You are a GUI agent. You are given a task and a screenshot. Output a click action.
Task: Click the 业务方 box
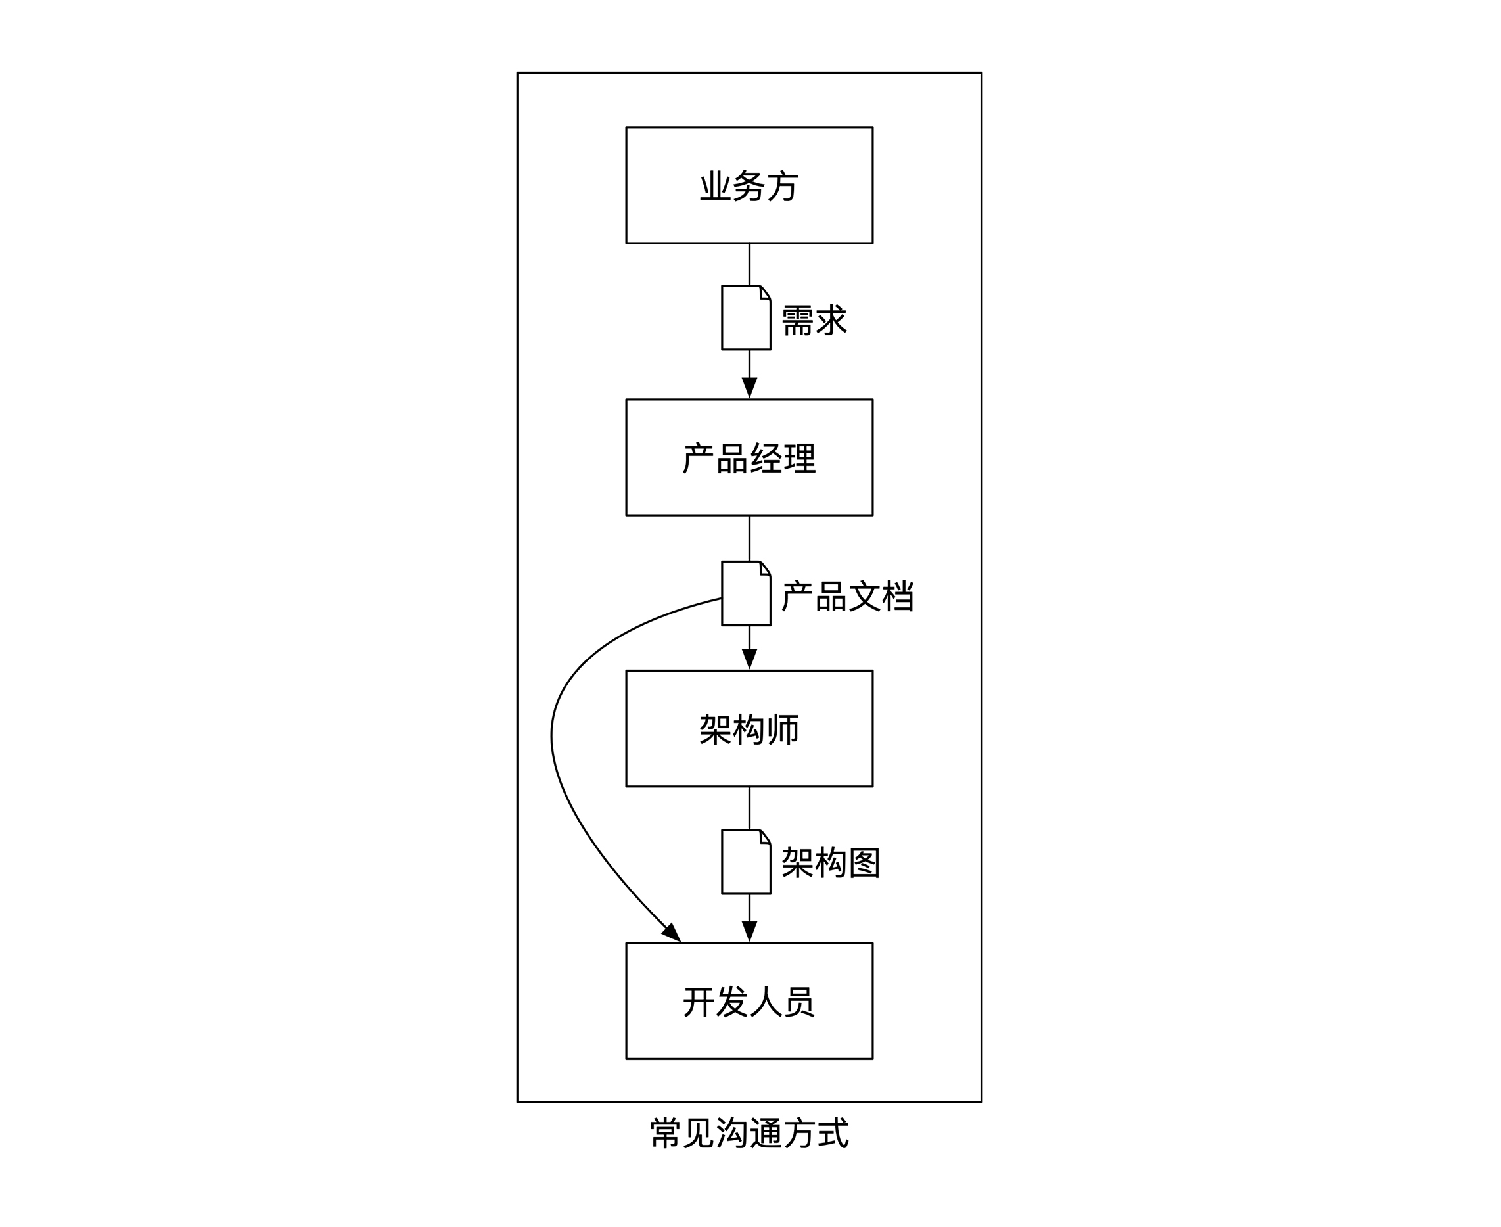coord(749,185)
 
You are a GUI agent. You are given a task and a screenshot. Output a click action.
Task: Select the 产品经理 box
coord(749,457)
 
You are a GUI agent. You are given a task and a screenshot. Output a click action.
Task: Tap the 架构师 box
coord(749,729)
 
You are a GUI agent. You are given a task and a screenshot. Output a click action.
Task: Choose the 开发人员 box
coord(749,1001)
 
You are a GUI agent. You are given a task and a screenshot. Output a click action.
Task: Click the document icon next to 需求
coord(745,318)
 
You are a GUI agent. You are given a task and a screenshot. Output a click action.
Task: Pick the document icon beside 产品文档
coord(745,593)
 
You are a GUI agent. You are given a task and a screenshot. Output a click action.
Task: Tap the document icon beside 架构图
coord(745,862)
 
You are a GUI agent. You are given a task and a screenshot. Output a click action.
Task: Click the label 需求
coord(814,320)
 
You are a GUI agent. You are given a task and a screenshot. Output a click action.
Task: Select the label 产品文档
coord(847,596)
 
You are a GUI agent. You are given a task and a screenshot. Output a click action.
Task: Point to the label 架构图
coord(831,863)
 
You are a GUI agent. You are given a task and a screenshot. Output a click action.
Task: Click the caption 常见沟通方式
coord(749,1133)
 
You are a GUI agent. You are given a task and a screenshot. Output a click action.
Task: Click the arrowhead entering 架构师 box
coord(749,659)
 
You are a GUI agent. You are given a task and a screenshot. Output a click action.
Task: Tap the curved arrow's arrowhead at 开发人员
coord(672,933)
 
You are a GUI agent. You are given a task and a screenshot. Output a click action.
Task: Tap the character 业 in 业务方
coord(714,186)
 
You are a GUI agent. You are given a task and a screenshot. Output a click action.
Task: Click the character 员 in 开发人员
coord(799,1002)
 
